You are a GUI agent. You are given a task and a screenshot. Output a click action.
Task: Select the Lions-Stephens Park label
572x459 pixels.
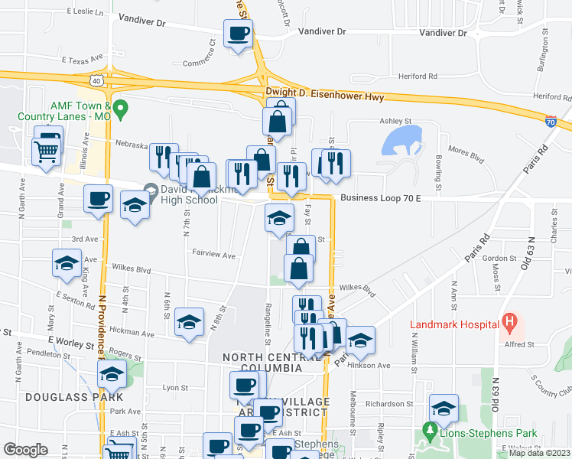point(481,433)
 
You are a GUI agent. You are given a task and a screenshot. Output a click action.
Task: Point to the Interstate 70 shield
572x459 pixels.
point(551,121)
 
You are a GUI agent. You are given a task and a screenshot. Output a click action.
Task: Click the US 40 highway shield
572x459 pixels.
point(95,79)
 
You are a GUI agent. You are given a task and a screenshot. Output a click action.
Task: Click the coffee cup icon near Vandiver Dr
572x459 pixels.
point(238,33)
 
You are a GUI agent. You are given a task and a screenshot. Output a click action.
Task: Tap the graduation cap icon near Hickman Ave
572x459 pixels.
point(189,321)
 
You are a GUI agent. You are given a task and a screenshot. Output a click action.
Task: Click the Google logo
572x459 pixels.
point(25,450)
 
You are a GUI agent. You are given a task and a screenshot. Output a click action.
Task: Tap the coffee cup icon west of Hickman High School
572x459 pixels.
point(98,199)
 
